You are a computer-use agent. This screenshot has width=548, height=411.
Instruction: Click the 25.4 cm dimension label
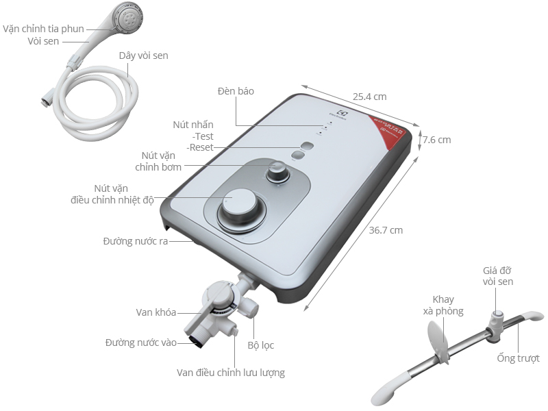coord(370,96)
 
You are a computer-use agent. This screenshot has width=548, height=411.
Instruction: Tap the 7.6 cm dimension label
coord(436,140)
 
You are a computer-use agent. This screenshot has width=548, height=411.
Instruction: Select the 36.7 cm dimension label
coord(386,230)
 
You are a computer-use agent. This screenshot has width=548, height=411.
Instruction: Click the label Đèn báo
coord(236,91)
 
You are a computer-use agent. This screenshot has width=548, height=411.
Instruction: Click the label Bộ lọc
coord(261,345)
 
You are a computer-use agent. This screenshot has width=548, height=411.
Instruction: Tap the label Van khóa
coord(156,312)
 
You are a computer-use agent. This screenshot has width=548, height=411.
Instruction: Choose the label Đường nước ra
coord(136,241)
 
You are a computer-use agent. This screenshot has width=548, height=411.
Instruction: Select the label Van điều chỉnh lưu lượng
coord(230,373)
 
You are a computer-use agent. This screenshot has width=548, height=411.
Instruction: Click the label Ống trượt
coord(519,358)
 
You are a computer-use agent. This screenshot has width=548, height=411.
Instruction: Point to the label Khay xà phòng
coord(448,306)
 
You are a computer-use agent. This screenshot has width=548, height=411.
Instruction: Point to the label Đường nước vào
coord(141,342)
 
